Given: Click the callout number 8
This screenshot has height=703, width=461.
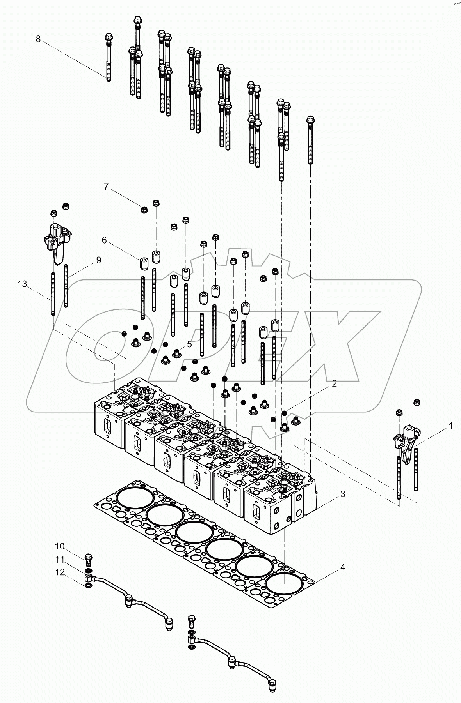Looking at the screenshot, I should (x=38, y=39).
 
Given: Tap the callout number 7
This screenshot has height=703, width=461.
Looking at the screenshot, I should (x=106, y=187).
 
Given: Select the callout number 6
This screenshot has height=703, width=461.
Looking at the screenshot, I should (x=104, y=240).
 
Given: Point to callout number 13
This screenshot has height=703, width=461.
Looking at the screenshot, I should (x=22, y=284).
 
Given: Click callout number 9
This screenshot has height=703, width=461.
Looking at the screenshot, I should (x=98, y=260).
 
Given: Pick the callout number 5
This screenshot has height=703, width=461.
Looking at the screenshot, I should (x=189, y=344).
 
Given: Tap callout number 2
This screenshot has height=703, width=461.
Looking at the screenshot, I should (x=334, y=383).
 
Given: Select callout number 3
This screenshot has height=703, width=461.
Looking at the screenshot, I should (x=342, y=494).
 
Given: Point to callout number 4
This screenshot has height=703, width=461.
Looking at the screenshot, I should (x=342, y=567).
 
